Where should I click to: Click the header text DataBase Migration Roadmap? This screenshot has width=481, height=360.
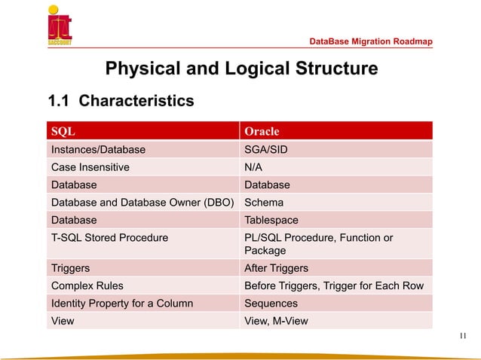(371, 41)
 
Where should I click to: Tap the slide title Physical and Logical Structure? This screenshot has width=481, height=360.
(241, 70)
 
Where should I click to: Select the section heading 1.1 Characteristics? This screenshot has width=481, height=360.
(121, 100)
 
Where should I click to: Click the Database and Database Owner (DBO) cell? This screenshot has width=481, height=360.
(142, 203)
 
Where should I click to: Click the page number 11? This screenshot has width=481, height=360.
(464, 336)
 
